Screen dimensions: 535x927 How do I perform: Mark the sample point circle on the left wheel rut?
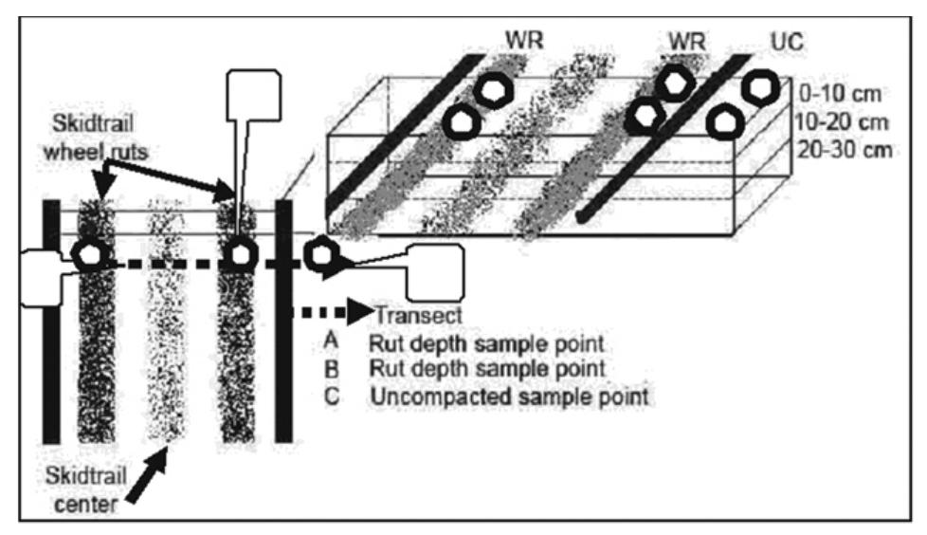[x=90, y=254]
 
